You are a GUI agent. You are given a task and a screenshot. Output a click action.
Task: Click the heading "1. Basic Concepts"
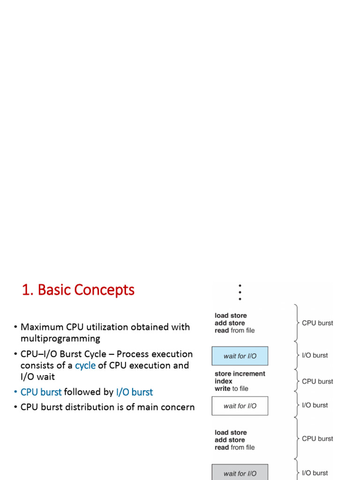tap(78, 290)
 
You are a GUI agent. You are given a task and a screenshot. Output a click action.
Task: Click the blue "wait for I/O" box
tap(240, 356)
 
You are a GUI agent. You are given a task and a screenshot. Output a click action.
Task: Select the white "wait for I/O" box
tap(240, 406)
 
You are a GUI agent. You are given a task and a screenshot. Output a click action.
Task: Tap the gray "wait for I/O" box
tap(240, 473)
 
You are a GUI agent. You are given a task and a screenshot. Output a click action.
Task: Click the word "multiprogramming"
tap(60, 338)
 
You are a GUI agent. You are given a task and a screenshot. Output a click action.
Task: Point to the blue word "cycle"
tap(85, 366)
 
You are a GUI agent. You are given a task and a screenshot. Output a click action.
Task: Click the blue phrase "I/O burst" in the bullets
tap(135, 392)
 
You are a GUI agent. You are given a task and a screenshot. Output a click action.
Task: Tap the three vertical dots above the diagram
tap(240, 292)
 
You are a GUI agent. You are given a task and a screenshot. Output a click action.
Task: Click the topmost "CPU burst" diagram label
tap(317, 323)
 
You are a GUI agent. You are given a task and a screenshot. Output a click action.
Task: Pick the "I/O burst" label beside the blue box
tap(315, 355)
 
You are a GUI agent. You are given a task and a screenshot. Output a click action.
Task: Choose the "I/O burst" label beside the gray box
tap(315, 473)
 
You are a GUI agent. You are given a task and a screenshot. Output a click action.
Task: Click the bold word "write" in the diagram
tap(223, 389)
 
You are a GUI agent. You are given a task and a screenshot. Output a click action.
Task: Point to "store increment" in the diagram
tap(240, 374)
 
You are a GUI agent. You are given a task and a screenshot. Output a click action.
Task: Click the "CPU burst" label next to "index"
tap(317, 382)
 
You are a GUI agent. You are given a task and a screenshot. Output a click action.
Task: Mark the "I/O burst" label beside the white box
tap(315, 405)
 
